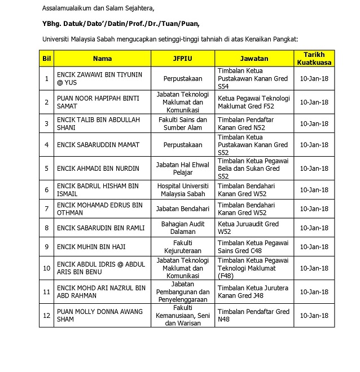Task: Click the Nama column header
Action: coord(102,59)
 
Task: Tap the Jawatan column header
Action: coord(254,59)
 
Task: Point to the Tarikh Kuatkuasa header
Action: coord(314,59)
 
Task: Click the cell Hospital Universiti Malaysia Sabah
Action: coord(183,189)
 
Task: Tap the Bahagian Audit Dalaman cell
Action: coord(183,228)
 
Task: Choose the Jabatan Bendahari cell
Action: coord(183,209)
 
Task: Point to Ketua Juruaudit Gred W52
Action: coord(248,228)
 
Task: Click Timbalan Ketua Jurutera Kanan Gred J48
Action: coord(252,292)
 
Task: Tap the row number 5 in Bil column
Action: coord(47,168)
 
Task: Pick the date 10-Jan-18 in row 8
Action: coord(314,228)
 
